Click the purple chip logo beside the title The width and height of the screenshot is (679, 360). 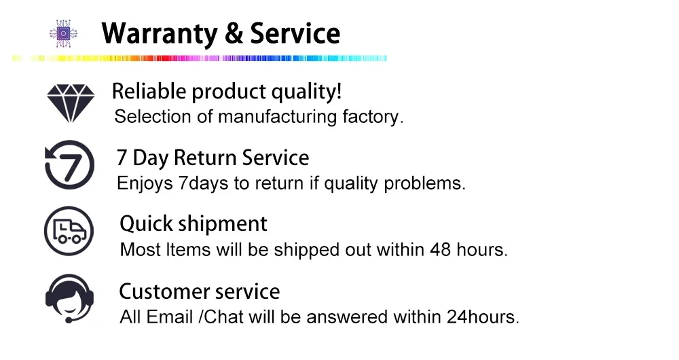click(63, 33)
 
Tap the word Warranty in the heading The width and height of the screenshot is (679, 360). click(160, 34)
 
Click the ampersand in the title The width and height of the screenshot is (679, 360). click(234, 33)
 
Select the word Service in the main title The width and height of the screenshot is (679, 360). click(295, 33)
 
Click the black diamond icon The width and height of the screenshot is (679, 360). click(71, 103)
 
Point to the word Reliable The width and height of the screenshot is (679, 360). click(149, 92)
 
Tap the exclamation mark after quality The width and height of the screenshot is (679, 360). click(339, 91)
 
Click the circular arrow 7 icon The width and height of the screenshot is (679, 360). click(69, 164)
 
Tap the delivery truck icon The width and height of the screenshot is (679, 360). click(69, 231)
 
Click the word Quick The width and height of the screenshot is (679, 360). click(147, 224)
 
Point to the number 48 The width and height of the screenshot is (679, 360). click(441, 249)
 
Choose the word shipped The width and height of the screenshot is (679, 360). click(307, 251)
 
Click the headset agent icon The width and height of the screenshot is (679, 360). click(70, 299)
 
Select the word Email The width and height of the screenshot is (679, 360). click(169, 317)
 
